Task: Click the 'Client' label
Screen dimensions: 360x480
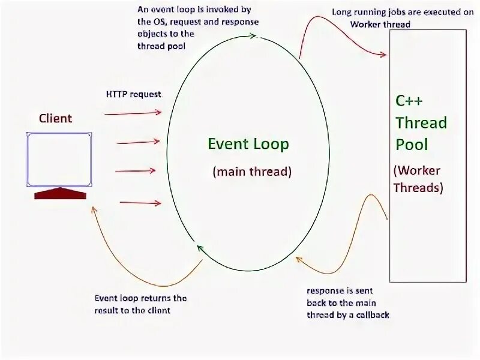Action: click(x=55, y=118)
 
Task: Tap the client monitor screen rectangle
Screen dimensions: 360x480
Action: click(x=59, y=159)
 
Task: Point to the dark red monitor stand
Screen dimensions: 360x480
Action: click(x=60, y=193)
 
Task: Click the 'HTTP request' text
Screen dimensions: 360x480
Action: click(x=133, y=94)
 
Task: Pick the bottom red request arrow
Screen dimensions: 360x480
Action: click(x=140, y=203)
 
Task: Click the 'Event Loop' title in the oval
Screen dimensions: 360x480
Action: click(x=248, y=144)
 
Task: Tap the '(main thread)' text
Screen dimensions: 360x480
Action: click(x=251, y=172)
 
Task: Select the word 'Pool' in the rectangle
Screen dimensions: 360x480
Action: click(x=412, y=145)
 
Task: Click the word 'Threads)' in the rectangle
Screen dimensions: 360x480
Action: click(x=418, y=187)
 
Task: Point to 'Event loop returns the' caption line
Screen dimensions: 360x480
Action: click(x=140, y=298)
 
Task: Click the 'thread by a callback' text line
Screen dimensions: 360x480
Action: click(x=348, y=314)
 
